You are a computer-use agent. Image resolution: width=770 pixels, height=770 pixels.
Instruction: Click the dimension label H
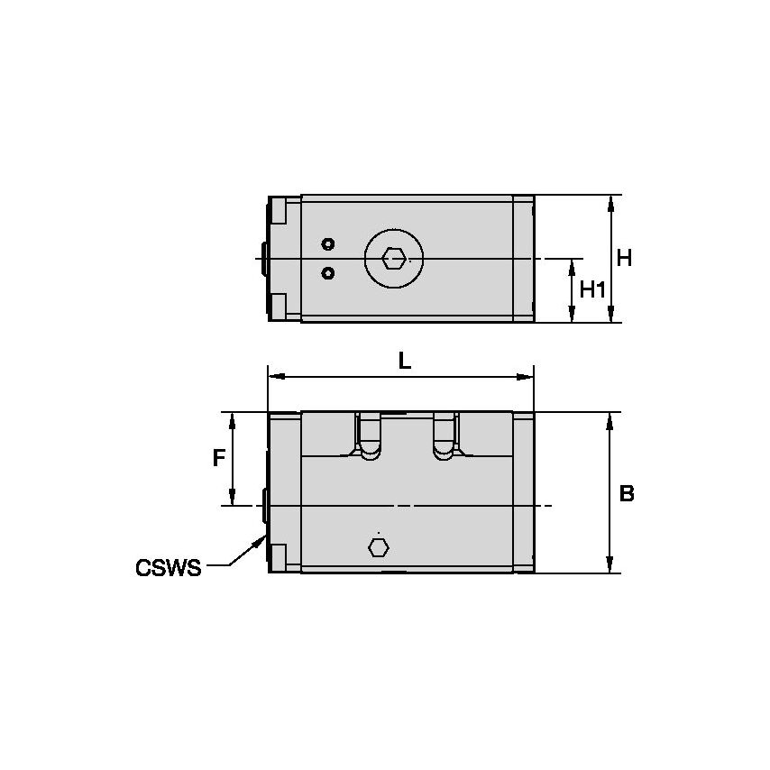[624, 258]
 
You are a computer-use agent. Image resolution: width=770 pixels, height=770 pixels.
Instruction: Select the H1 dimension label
[592, 289]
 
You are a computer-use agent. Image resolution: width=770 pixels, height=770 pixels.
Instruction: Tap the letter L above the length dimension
[405, 362]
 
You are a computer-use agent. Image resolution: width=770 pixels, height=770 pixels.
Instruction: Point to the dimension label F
[218, 458]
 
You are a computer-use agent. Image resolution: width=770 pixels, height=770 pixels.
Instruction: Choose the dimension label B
[627, 494]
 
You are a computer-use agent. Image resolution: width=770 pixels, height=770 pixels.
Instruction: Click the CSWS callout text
[168, 568]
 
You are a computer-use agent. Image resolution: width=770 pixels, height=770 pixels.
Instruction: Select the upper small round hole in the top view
[328, 244]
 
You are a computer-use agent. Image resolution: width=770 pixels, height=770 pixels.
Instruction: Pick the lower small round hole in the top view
[328, 272]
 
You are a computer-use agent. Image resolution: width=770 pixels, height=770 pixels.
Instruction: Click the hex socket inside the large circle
[393, 259]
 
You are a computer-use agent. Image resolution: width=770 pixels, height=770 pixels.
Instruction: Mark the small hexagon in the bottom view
[379, 546]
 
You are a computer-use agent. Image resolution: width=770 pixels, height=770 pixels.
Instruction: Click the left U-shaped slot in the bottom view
[369, 437]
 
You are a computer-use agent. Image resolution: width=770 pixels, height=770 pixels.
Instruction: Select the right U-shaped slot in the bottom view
[445, 437]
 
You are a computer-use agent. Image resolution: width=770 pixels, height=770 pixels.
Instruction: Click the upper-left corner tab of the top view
[279, 211]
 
